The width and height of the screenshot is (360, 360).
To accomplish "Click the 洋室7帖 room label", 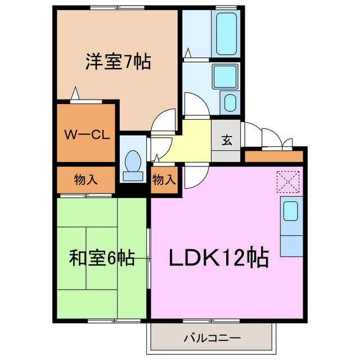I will (118, 61).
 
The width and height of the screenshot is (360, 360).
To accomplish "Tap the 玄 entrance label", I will (226, 141).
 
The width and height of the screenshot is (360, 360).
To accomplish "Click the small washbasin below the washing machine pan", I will (231, 102).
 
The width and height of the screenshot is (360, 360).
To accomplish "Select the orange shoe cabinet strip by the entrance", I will (274, 155).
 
